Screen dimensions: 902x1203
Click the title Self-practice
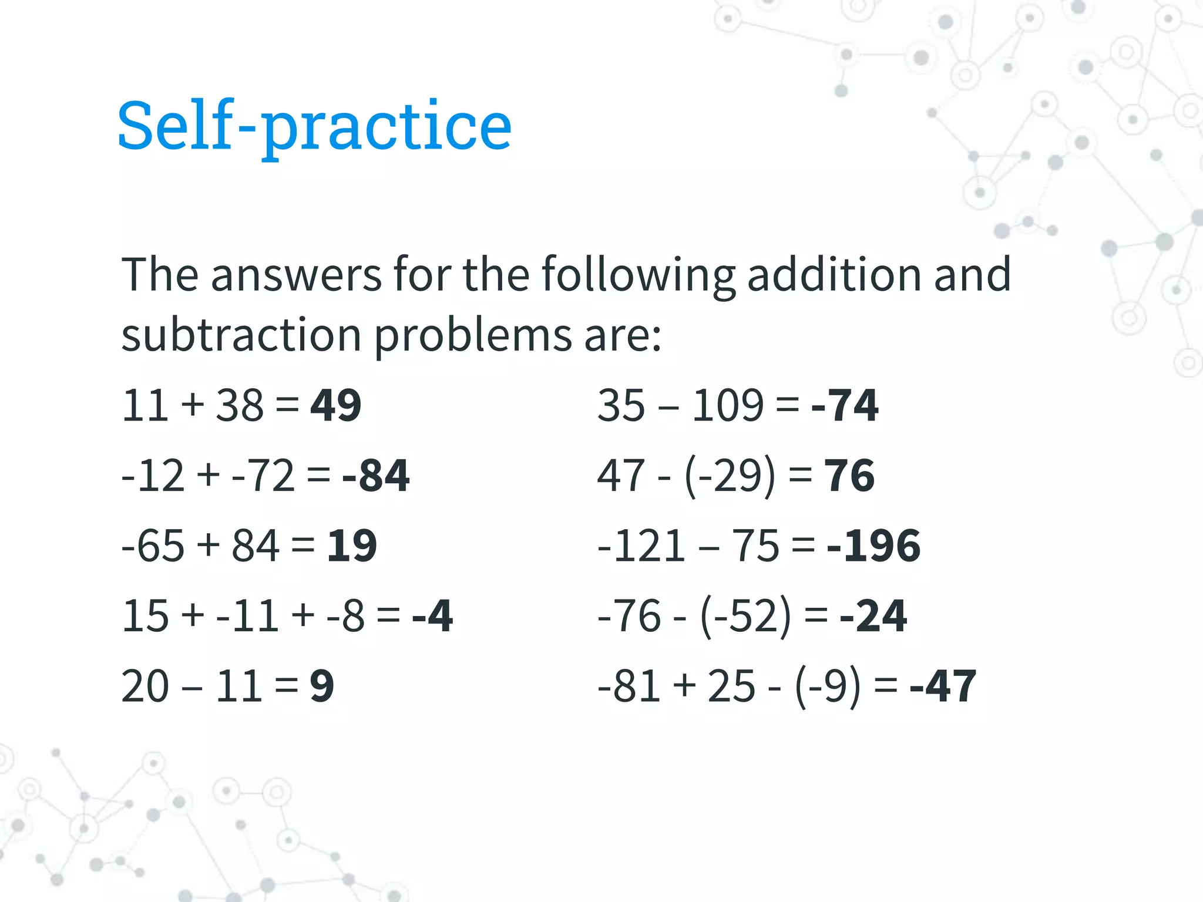click(x=314, y=126)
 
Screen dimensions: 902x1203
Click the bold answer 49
click(x=335, y=405)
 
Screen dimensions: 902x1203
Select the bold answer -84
click(x=375, y=475)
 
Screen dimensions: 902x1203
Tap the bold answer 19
click(x=351, y=546)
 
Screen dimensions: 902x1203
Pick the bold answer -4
click(x=432, y=615)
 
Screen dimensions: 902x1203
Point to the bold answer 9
click(x=322, y=686)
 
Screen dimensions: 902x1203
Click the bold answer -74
click(x=844, y=405)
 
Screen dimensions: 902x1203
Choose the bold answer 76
click(x=849, y=475)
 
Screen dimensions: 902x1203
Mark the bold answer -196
click(x=873, y=546)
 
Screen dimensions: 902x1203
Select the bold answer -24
click(x=873, y=615)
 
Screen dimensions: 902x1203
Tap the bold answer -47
click(x=943, y=686)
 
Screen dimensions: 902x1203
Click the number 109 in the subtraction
click(x=728, y=405)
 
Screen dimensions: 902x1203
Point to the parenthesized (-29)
click(x=730, y=476)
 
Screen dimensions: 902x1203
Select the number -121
click(x=641, y=546)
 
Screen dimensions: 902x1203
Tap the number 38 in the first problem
click(x=240, y=405)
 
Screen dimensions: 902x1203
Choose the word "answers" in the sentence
click(x=296, y=275)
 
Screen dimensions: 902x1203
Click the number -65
click(x=153, y=546)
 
